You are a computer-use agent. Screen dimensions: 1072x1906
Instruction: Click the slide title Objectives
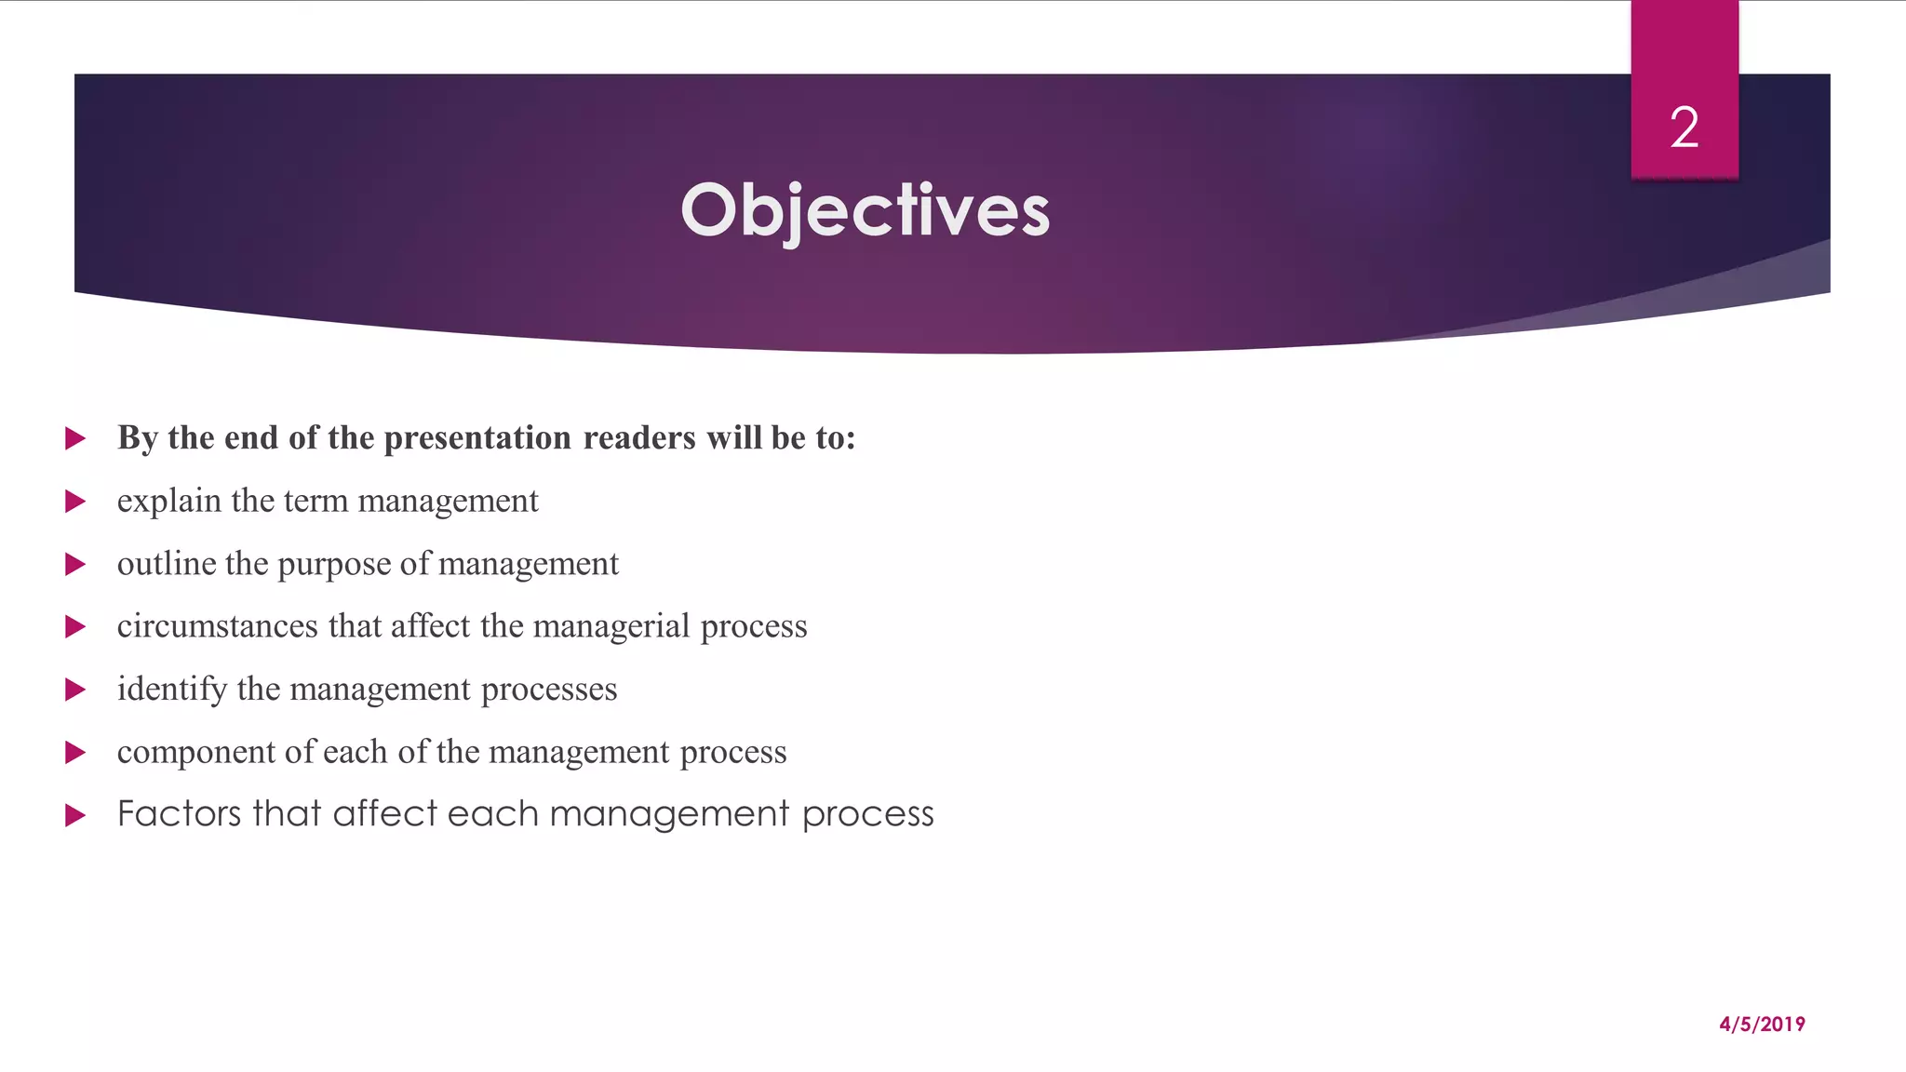pos(865,210)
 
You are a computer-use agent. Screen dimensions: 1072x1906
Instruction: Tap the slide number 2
pos(1684,127)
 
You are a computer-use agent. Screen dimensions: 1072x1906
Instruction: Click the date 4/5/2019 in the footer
pos(1762,1025)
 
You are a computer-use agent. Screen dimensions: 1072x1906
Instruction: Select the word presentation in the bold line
pos(477,438)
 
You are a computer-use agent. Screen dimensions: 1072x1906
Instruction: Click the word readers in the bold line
pos(639,438)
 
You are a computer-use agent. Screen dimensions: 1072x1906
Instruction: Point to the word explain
pos(168,502)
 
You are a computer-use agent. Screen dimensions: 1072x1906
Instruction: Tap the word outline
pos(167,564)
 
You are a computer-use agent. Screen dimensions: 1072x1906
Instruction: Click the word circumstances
pos(217,626)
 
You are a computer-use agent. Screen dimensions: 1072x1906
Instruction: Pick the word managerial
pos(611,626)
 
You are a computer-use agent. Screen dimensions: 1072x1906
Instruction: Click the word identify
pos(172,690)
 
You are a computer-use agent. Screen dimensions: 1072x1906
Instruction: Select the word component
pos(195,752)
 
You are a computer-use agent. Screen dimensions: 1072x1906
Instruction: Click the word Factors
pos(179,814)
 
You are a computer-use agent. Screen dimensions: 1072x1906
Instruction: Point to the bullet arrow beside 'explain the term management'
pos(75,502)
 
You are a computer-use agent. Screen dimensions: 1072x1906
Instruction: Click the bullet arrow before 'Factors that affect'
pos(75,815)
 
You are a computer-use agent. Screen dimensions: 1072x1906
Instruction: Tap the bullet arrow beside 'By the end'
pos(75,438)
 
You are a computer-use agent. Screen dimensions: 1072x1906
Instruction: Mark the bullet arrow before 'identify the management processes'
pos(75,690)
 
